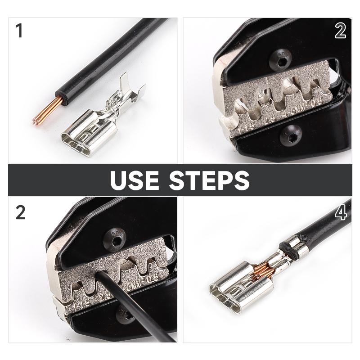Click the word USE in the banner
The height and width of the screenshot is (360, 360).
(135, 180)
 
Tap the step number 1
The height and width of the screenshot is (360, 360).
(19, 31)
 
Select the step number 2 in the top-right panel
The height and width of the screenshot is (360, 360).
(340, 31)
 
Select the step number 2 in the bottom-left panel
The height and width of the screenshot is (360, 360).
(20, 213)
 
